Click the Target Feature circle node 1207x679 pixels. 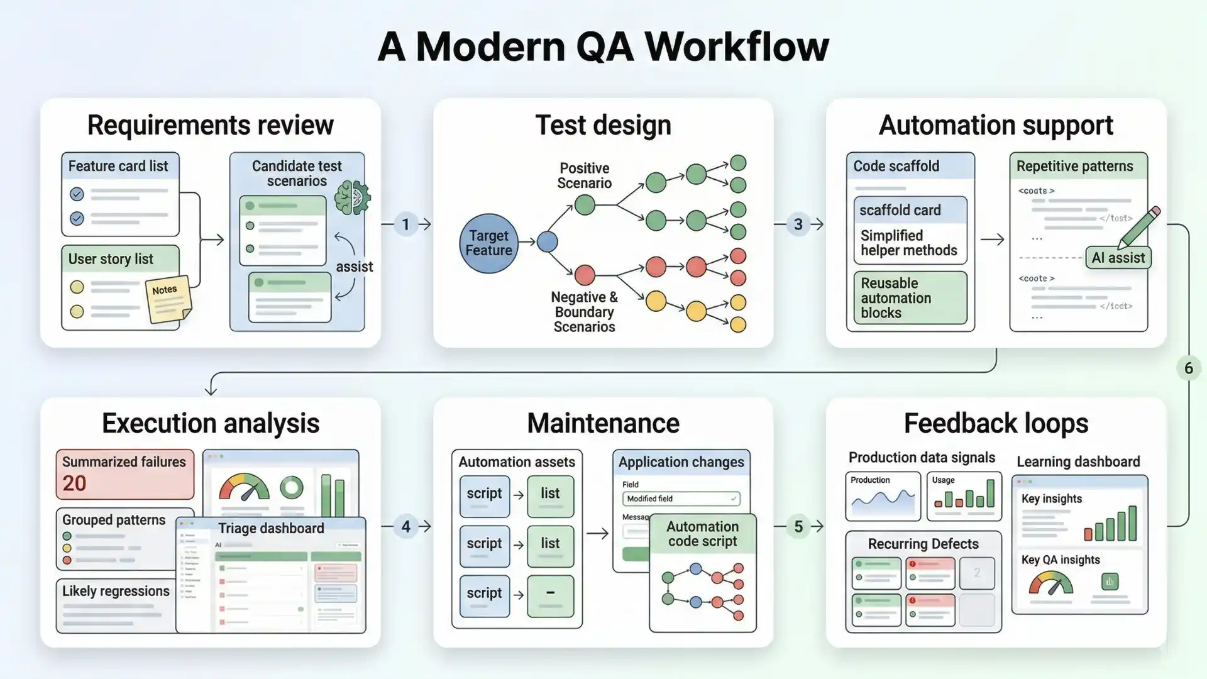click(x=488, y=243)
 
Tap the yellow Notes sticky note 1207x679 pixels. click(x=168, y=299)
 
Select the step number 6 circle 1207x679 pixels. click(x=1188, y=368)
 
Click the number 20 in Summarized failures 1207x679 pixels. click(x=74, y=483)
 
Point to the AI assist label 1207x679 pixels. click(x=1118, y=258)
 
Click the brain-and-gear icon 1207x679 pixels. click(x=352, y=198)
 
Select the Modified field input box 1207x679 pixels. click(x=681, y=499)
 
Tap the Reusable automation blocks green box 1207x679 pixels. click(x=910, y=298)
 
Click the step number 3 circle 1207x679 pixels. click(x=798, y=224)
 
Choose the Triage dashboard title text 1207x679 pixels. click(x=271, y=528)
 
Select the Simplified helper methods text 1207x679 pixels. click(x=908, y=243)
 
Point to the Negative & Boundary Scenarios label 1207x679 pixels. click(x=584, y=312)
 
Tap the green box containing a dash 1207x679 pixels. click(x=550, y=595)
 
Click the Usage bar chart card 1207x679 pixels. click(x=964, y=496)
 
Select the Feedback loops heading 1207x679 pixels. click(x=996, y=424)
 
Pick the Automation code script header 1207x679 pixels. click(x=702, y=534)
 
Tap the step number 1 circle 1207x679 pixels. click(x=405, y=224)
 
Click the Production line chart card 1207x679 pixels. click(x=883, y=496)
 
